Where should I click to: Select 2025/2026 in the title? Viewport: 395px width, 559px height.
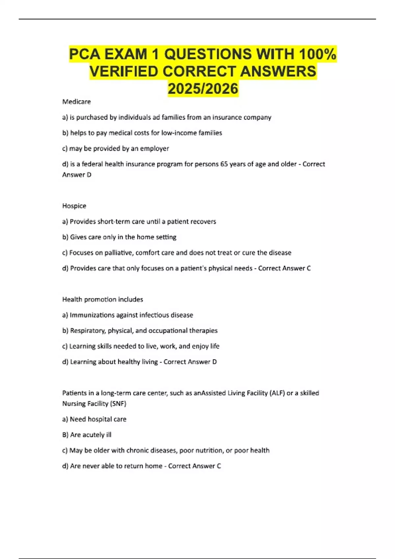click(x=203, y=89)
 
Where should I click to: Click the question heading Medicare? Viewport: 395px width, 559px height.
click(x=76, y=102)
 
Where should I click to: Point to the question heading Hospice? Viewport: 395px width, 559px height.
click(x=74, y=206)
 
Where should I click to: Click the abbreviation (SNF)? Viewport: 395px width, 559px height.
click(x=119, y=403)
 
